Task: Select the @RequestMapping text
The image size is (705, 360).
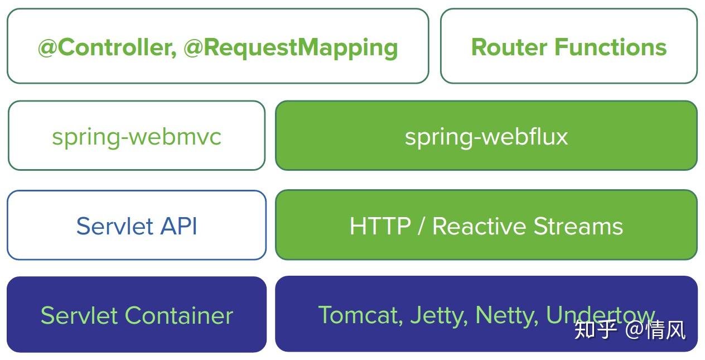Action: coord(291,47)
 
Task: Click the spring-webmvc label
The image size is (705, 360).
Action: coord(137,137)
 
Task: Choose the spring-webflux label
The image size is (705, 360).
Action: coord(486,137)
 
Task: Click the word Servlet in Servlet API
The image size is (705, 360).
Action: coord(114,226)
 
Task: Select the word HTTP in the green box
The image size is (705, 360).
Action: coord(380,226)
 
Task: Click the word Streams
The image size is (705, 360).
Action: coord(578,226)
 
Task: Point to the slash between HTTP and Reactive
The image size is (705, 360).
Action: coord(421,226)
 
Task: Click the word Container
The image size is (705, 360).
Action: coord(178,315)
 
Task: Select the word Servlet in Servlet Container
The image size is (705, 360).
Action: coord(79,315)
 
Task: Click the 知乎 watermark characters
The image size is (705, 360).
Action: coord(595,330)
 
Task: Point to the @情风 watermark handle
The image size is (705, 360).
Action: coord(655,330)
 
